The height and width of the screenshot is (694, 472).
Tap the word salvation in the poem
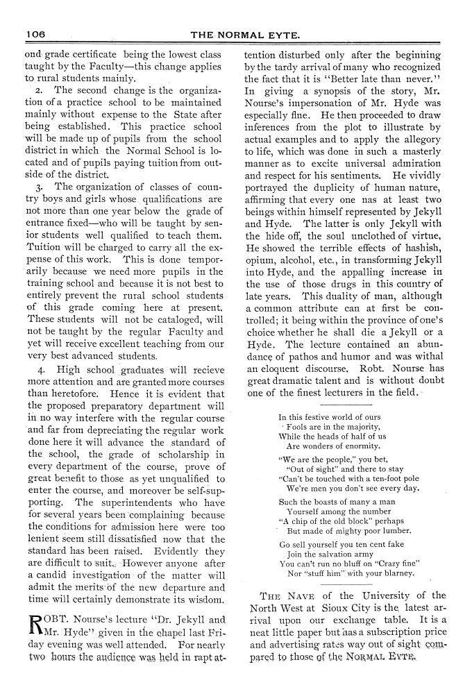(x=329, y=555)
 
